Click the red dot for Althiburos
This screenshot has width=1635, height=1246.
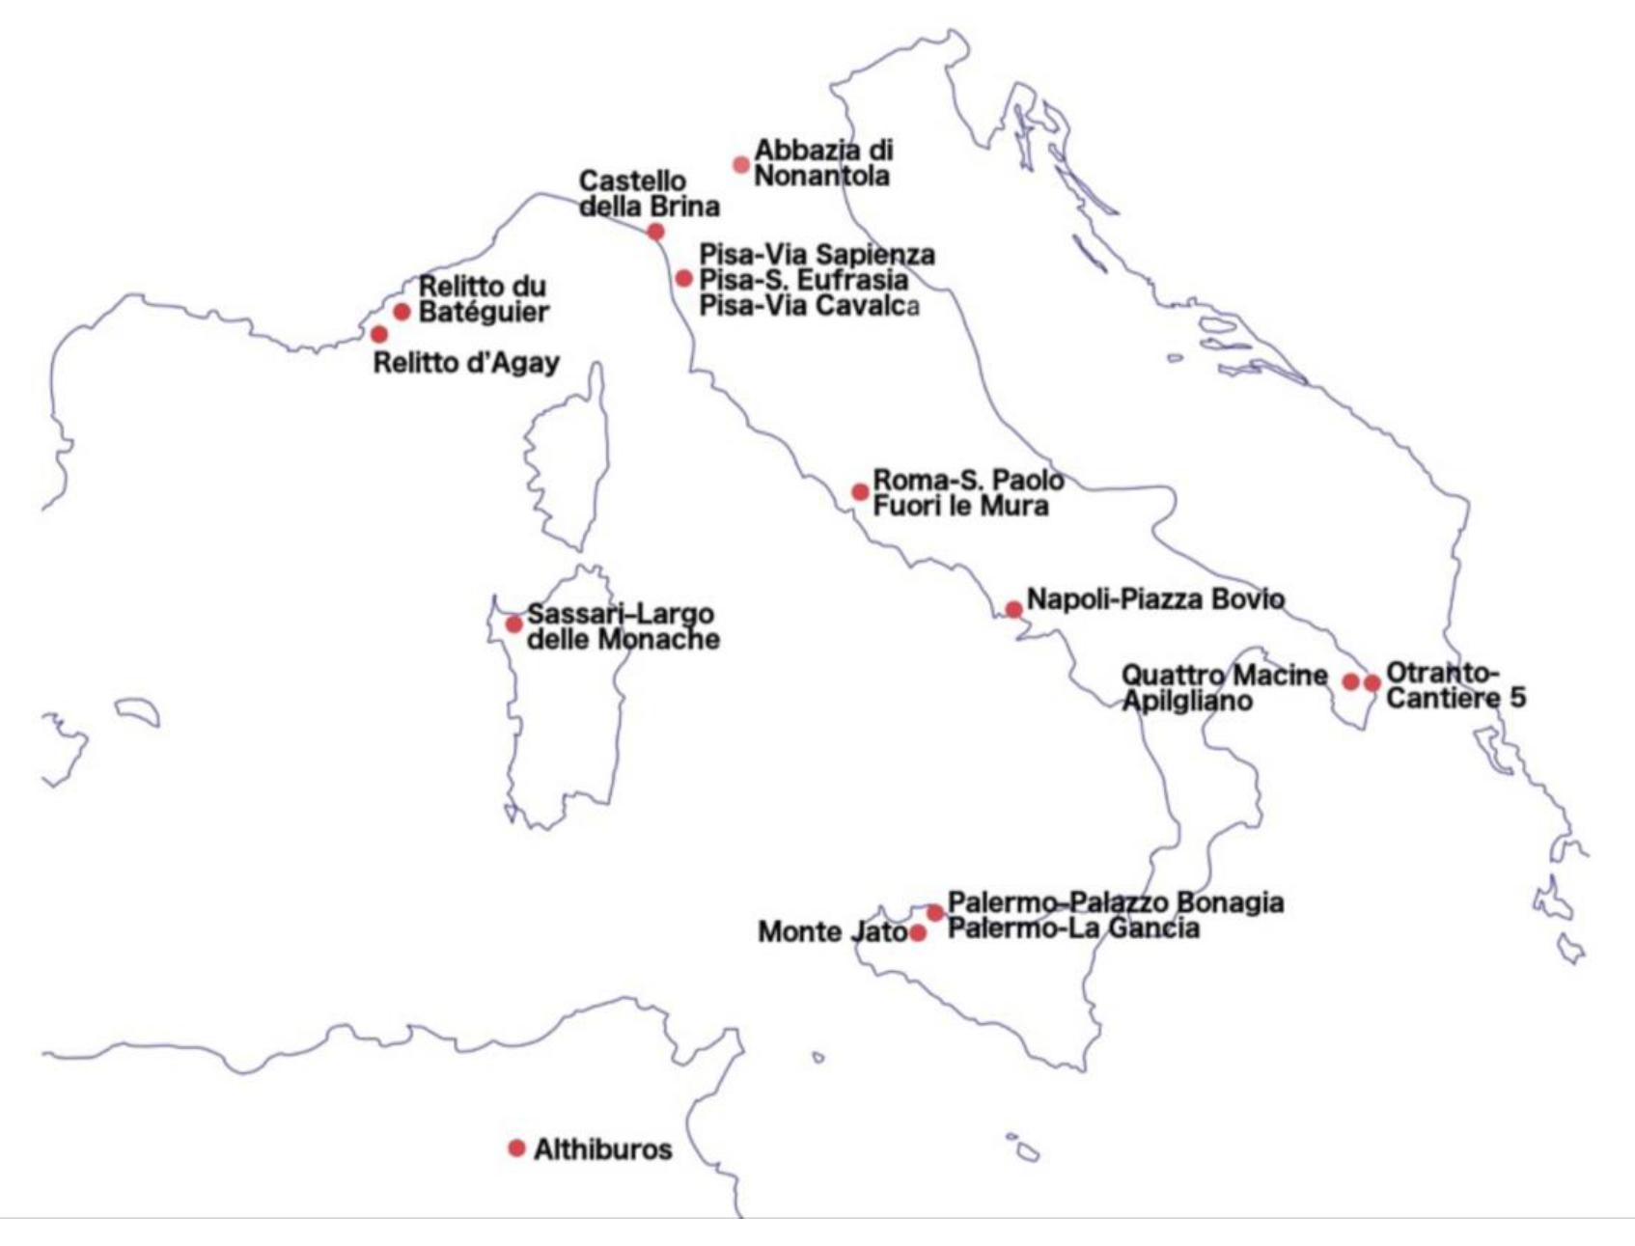coord(516,1149)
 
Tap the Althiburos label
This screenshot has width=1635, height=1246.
coord(603,1149)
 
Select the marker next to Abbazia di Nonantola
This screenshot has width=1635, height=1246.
coord(741,164)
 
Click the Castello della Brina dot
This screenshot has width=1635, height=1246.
coord(655,232)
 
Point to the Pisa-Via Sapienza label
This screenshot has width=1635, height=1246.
coord(817,255)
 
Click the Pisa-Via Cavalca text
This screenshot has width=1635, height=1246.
coord(809,306)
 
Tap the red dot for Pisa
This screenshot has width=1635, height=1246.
coord(683,279)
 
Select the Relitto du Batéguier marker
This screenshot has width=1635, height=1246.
coord(402,312)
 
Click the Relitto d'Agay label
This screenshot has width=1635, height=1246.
coord(466,364)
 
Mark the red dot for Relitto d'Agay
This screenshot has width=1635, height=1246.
coord(379,335)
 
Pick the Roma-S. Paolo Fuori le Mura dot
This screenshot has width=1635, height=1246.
coord(860,492)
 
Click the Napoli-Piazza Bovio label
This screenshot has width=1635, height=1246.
coord(1155,599)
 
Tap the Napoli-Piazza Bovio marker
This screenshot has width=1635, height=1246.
coord(1013,610)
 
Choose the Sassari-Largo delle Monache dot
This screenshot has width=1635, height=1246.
coord(514,624)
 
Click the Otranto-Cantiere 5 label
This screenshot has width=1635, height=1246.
coord(1455,684)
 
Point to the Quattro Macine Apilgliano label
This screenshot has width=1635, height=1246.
coord(1224,688)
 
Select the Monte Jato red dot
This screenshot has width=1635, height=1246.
coord(918,933)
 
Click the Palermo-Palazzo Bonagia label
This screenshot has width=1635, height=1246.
coord(1116,903)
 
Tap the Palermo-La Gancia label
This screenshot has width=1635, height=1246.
coord(1074,928)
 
